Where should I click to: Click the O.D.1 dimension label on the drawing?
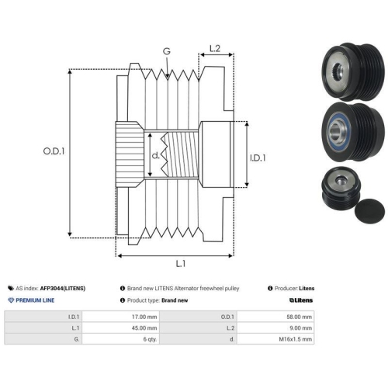click(54, 151)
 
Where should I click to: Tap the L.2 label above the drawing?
click(215, 48)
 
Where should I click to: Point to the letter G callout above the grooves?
click(167, 51)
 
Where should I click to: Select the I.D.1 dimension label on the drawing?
click(258, 158)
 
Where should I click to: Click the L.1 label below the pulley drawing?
click(181, 264)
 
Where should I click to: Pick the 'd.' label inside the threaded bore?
click(155, 155)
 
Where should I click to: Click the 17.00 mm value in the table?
click(144, 317)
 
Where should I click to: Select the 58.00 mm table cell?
click(299, 317)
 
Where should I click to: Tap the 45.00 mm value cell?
click(144, 328)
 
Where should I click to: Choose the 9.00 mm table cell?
click(300, 328)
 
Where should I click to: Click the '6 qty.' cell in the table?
click(150, 339)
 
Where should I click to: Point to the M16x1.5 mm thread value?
click(296, 339)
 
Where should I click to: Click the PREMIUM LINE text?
click(35, 300)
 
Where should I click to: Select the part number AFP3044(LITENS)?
click(63, 289)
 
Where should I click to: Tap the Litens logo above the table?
click(301, 300)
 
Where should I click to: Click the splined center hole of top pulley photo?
click(338, 71)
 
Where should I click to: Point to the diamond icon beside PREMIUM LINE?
click(11, 300)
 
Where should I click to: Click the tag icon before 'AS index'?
click(11, 288)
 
